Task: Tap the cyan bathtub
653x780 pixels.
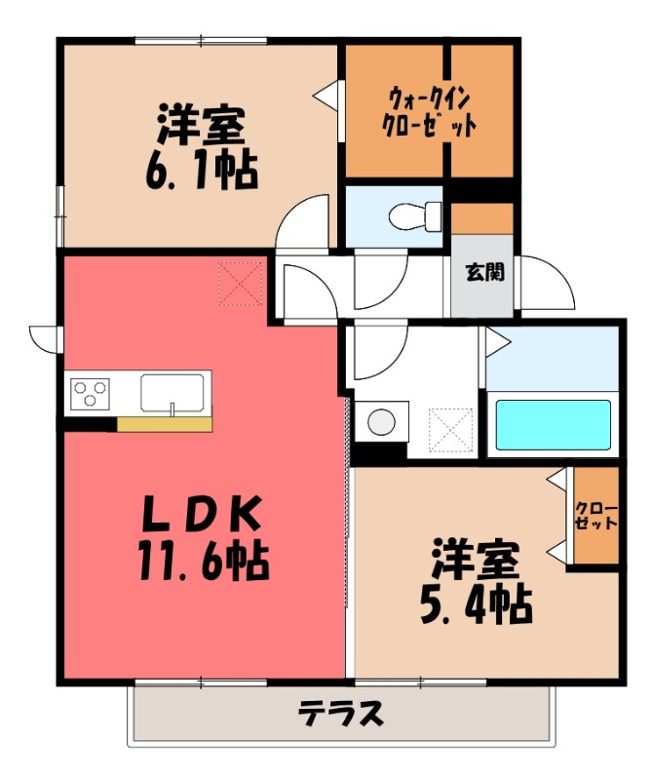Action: pyautogui.click(x=553, y=424)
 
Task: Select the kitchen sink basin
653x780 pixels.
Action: pyautogui.click(x=172, y=393)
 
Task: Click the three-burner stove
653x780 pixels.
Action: pyautogui.click(x=90, y=394)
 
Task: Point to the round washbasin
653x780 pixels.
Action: pyautogui.click(x=381, y=422)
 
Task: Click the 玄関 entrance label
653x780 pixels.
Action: pyautogui.click(x=484, y=273)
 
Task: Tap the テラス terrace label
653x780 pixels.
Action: pyautogui.click(x=341, y=714)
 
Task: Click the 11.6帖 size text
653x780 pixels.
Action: pyautogui.click(x=204, y=561)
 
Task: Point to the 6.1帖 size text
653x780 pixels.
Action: pyautogui.click(x=202, y=170)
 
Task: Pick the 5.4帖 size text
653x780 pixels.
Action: pyautogui.click(x=476, y=604)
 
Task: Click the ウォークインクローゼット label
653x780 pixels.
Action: pyautogui.click(x=429, y=111)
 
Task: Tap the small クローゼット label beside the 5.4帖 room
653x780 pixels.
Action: pyautogui.click(x=595, y=516)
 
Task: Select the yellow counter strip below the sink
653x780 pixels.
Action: pyautogui.click(x=165, y=424)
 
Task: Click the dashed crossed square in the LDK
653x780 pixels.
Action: pyautogui.click(x=240, y=284)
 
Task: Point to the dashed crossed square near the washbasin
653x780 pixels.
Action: pyautogui.click(x=450, y=430)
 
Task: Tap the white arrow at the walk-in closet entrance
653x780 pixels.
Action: pyautogui.click(x=325, y=94)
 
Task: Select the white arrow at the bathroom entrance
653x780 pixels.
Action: pyautogui.click(x=498, y=342)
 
